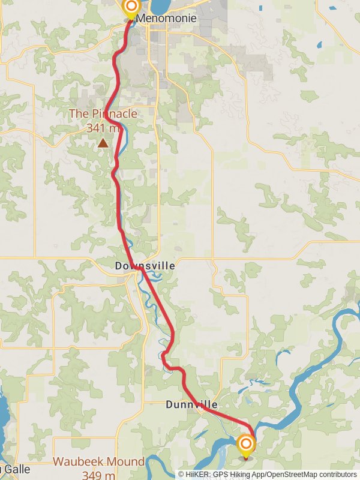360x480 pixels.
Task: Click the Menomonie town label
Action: [x=166, y=19]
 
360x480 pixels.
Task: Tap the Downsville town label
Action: [x=145, y=265]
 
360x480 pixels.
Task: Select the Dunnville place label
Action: [x=191, y=405]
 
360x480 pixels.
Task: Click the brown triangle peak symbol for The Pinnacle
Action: [x=103, y=143]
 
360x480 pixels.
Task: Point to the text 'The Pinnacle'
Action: [x=103, y=113]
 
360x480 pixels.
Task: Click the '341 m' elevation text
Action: [x=104, y=127]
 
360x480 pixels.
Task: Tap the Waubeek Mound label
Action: [x=98, y=461]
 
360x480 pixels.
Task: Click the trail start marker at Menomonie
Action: [x=130, y=8]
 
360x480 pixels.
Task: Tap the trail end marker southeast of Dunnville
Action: [x=245, y=445]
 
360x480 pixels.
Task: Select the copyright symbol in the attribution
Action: [x=181, y=474]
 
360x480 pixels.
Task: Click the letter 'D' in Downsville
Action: [x=118, y=265]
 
